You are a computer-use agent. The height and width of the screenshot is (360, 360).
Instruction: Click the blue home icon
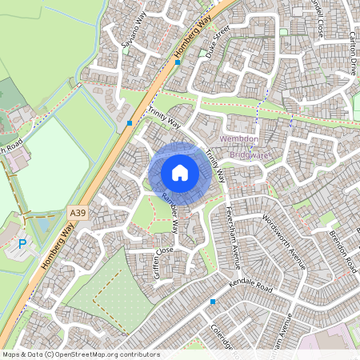(180, 173)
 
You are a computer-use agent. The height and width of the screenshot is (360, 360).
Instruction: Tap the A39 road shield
(78, 213)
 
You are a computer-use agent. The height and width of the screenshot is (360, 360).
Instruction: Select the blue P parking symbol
(22, 244)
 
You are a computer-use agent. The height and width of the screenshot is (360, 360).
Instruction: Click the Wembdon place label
(239, 139)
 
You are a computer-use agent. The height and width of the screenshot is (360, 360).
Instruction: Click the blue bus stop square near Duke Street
(178, 62)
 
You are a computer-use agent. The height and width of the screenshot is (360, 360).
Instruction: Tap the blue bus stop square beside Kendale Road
(213, 301)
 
